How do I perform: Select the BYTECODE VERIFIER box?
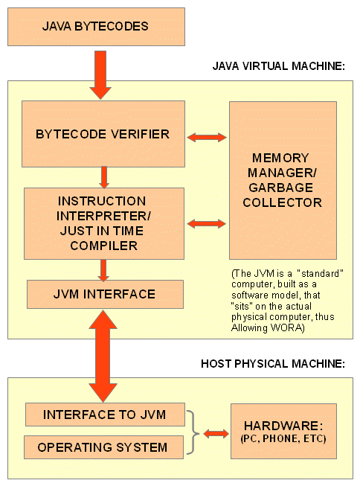103,135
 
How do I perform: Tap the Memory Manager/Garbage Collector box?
282,180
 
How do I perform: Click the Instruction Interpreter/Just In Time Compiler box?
103,223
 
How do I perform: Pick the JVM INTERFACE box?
105,294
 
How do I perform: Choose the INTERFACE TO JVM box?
105,415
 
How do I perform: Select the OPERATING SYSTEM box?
105,447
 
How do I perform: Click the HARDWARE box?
283,431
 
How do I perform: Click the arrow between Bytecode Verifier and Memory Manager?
207,137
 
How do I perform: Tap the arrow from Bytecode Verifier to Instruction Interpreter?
104,177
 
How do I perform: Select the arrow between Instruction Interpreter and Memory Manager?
207,223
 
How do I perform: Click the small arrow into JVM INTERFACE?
104,269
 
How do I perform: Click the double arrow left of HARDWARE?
216,432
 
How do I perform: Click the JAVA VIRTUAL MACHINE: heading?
279,67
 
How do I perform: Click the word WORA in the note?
284,328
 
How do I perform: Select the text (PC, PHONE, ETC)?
283,439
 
